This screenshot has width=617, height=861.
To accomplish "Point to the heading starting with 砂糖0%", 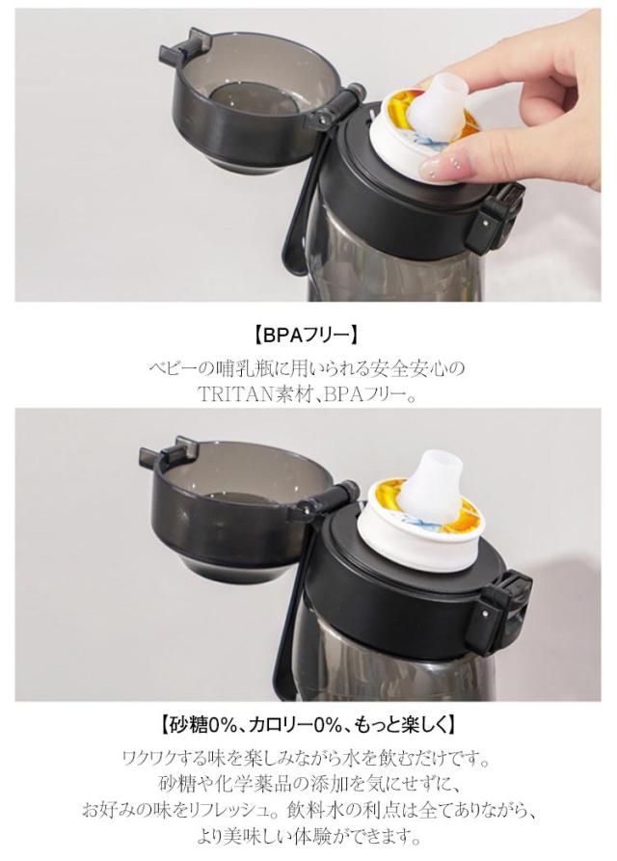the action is (308, 725).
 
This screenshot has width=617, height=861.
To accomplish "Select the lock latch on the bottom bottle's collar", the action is (500, 607).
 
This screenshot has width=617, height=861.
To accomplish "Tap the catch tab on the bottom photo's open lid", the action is (168, 452).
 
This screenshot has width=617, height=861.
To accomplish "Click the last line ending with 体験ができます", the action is (308, 837).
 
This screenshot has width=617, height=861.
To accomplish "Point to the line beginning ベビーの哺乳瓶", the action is (308, 368).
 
